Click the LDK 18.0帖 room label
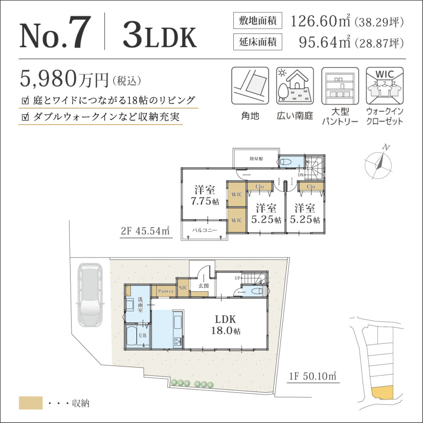coord(225,325)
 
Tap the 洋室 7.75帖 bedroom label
coord(205,195)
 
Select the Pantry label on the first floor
coord(166,291)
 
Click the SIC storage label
coord(183,288)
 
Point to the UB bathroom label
coord(143,336)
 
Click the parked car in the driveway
coord(90,295)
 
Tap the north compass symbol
coord(378,162)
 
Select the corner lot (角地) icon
coord(250,86)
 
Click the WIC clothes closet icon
coord(385,86)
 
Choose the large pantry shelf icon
coord(340,86)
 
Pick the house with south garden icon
coord(295,86)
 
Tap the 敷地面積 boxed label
coord(257,21)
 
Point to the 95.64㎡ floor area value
coord(325,42)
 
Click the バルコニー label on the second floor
coord(205,230)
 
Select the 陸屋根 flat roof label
coord(256,159)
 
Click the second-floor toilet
coord(286,162)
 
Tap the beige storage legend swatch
coord(31,403)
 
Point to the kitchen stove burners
coord(177,342)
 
